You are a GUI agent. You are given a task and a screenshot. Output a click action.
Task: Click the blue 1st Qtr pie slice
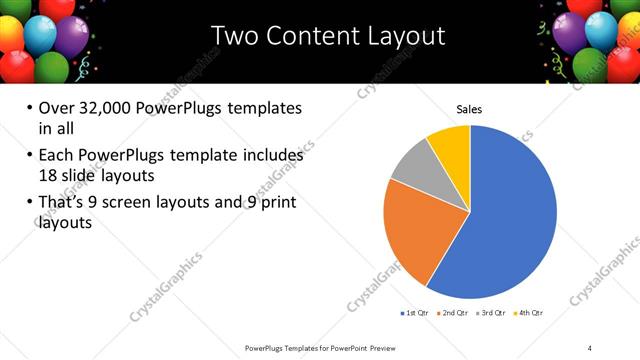coord(510,220)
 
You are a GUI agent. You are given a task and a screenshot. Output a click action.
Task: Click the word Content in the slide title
coord(315,37)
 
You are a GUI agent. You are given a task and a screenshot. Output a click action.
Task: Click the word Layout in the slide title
coord(406,37)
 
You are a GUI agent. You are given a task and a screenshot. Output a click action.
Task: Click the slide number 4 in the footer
coord(590,347)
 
